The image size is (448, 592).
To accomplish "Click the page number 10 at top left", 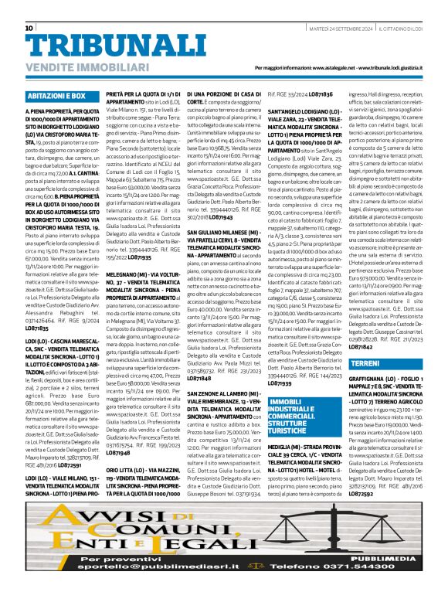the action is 29,28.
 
